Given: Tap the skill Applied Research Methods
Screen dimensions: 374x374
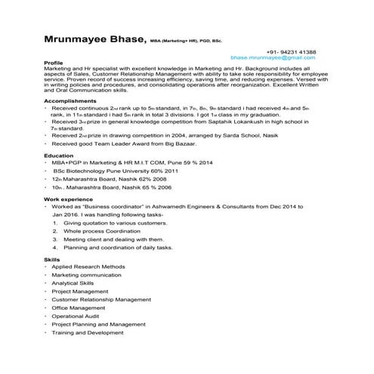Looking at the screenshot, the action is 89,267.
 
